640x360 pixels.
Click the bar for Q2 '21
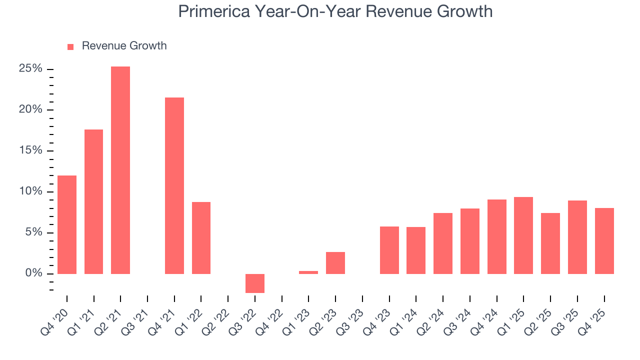[x=120, y=170]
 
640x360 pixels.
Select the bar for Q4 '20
[x=67, y=224]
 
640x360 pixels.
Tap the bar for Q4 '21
[x=174, y=185]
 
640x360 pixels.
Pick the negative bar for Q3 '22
[x=255, y=283]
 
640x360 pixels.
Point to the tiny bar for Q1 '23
[x=308, y=272]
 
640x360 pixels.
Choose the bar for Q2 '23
[x=335, y=263]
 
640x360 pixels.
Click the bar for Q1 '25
[x=523, y=235]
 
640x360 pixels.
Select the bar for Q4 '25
[x=604, y=241]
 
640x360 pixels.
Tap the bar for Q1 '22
[x=201, y=238]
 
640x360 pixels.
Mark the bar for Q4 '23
[x=389, y=250]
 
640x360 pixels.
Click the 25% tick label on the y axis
[x=30, y=68]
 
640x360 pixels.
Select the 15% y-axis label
[x=30, y=150]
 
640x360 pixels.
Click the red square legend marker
[x=70, y=46]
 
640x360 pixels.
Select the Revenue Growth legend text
[x=124, y=46]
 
